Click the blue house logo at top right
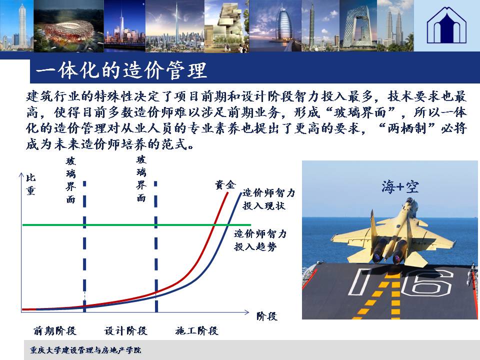click(x=446, y=25)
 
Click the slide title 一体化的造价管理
click(x=121, y=70)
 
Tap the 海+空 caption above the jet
click(x=400, y=186)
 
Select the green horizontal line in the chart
click(x=136, y=225)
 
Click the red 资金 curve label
click(x=225, y=185)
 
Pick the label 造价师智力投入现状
click(x=268, y=199)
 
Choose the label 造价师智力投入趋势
click(x=260, y=240)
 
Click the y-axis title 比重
click(x=30, y=184)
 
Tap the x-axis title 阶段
click(x=267, y=316)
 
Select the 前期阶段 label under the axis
click(x=55, y=330)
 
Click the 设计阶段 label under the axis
click(x=126, y=330)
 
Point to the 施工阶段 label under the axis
click(x=197, y=330)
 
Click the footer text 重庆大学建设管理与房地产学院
click(x=85, y=350)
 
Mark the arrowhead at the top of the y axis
click(x=21, y=174)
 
